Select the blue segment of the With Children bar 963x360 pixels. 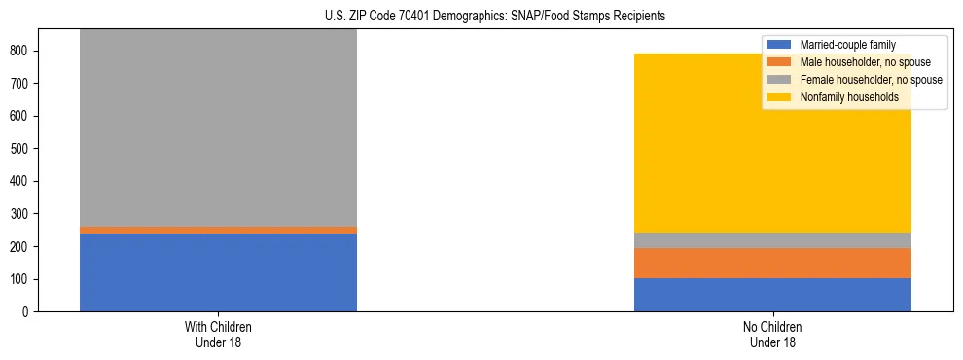[218, 272]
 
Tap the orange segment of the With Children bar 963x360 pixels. [218, 230]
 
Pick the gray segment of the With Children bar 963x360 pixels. [218, 126]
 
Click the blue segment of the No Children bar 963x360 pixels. [772, 295]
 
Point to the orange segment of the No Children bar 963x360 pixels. [772, 263]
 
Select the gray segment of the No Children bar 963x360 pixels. [772, 240]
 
